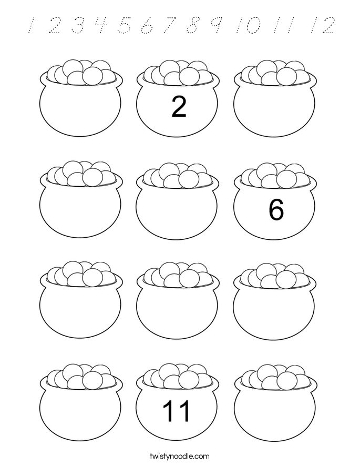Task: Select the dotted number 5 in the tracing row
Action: pyautogui.click(x=125, y=25)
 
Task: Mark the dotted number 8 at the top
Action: pyautogui.click(x=194, y=25)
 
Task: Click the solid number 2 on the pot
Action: pyautogui.click(x=179, y=108)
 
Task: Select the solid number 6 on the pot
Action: pyautogui.click(x=276, y=210)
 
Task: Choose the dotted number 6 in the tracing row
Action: pyautogui.click(x=148, y=25)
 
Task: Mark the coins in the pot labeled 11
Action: pyautogui.click(x=178, y=377)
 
